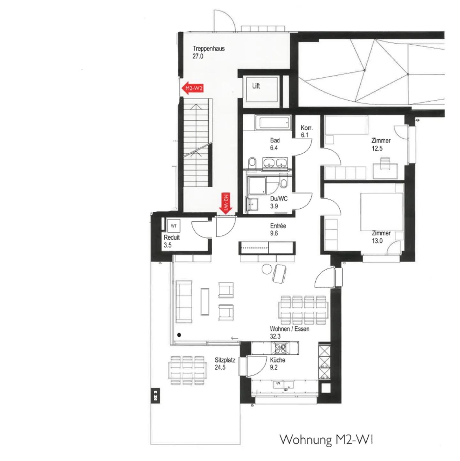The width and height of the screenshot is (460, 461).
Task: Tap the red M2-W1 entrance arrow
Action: point(226,204)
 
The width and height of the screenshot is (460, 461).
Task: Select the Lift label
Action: point(256,86)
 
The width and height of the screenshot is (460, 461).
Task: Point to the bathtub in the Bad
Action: point(274,123)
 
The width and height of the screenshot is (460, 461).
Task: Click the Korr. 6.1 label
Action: point(306,131)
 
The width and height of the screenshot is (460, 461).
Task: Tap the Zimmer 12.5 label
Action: point(380,144)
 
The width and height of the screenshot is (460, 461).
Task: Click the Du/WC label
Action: point(279,202)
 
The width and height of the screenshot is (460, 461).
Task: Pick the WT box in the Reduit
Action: point(173,226)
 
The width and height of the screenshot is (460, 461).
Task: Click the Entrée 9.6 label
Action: point(278,229)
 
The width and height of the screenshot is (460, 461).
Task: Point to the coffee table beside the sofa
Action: point(205,302)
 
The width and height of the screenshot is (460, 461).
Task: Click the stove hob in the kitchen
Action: point(280,348)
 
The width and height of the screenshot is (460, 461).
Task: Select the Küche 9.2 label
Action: point(277,364)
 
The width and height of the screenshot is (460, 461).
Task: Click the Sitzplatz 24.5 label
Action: point(225,364)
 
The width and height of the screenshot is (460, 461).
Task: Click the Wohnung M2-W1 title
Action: point(326,440)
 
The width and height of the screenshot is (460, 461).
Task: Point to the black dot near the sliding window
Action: point(179,335)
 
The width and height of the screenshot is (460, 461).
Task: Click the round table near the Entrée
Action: point(267,269)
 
